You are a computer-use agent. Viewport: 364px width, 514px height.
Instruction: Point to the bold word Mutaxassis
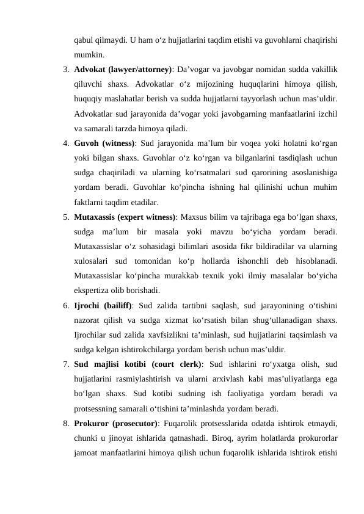pos(97,217)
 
